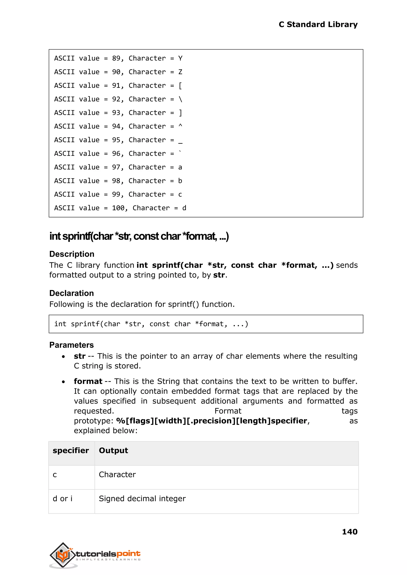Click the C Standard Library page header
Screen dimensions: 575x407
[318, 25]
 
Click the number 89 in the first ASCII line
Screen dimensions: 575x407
[116, 58]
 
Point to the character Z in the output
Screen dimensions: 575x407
[180, 72]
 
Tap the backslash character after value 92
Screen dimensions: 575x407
[180, 99]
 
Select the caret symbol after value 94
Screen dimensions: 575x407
[180, 126]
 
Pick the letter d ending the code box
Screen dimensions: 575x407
[184, 208]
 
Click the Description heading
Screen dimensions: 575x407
[72, 254]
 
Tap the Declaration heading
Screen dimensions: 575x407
[71, 293]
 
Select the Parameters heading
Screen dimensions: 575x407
[71, 345]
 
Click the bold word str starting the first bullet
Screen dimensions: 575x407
[79, 356]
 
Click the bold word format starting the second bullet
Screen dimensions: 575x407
[88, 381]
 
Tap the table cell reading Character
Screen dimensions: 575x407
[117, 474]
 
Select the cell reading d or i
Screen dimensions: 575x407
[62, 499]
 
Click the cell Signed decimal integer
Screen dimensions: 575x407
[142, 499]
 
